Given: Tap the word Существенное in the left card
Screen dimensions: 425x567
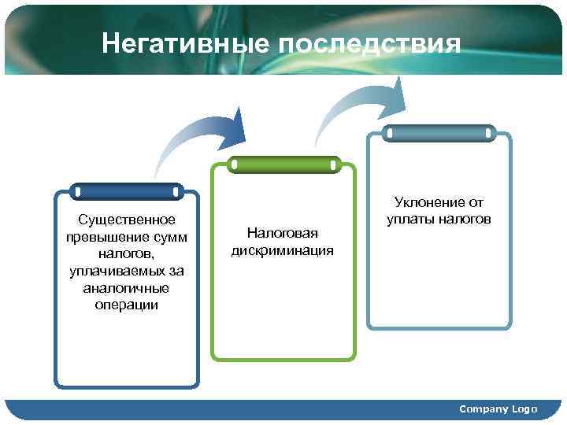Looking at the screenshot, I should point(126,219).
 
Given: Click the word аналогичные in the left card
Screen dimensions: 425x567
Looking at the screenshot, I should point(126,288).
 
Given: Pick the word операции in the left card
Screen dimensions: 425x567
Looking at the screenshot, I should point(126,305).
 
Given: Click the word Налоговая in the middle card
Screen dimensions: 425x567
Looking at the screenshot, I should point(282,233).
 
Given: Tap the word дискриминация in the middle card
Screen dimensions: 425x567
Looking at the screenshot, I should point(282,250).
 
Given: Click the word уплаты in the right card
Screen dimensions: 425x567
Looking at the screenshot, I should point(412,220).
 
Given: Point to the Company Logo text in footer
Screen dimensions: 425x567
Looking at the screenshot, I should point(498,409).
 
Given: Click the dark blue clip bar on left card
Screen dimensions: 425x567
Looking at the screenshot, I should point(126,191).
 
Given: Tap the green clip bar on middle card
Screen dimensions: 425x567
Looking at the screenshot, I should point(283,164).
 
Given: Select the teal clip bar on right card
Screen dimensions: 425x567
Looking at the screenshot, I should point(439,133).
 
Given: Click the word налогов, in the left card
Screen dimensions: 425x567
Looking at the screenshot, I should point(126,253).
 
